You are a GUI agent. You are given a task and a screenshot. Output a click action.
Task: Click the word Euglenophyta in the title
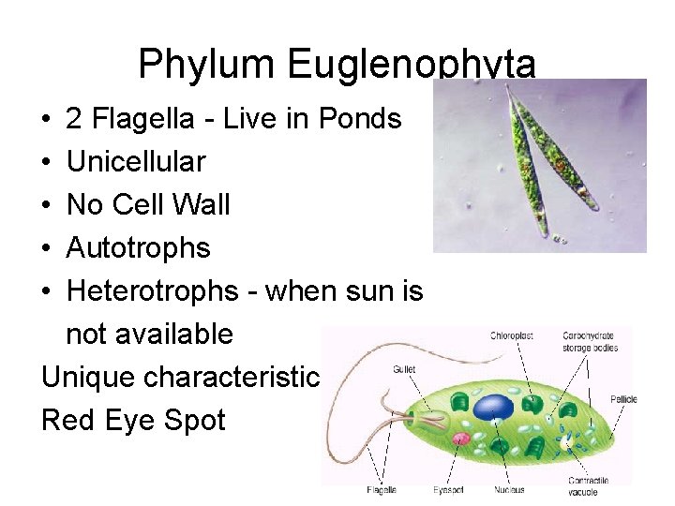[x=412, y=65]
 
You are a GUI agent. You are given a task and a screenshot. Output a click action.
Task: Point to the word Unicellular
[x=136, y=162]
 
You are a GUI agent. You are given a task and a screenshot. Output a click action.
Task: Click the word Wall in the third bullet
[x=201, y=205]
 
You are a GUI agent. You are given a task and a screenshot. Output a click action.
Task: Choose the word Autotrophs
[x=138, y=248]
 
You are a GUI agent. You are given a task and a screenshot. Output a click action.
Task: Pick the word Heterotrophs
[x=152, y=291]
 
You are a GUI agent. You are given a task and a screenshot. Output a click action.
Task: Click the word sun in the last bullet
[x=374, y=291]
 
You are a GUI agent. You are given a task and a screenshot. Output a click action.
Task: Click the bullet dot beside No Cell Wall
[x=46, y=205]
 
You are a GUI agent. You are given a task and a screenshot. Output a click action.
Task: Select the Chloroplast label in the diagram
[x=512, y=335]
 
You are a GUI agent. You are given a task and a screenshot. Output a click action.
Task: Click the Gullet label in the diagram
[x=404, y=368]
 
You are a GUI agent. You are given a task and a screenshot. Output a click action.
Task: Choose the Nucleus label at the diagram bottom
[x=508, y=489]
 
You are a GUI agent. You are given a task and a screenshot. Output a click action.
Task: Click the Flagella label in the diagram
[x=382, y=489]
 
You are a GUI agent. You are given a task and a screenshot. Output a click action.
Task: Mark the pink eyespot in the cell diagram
[x=460, y=438]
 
